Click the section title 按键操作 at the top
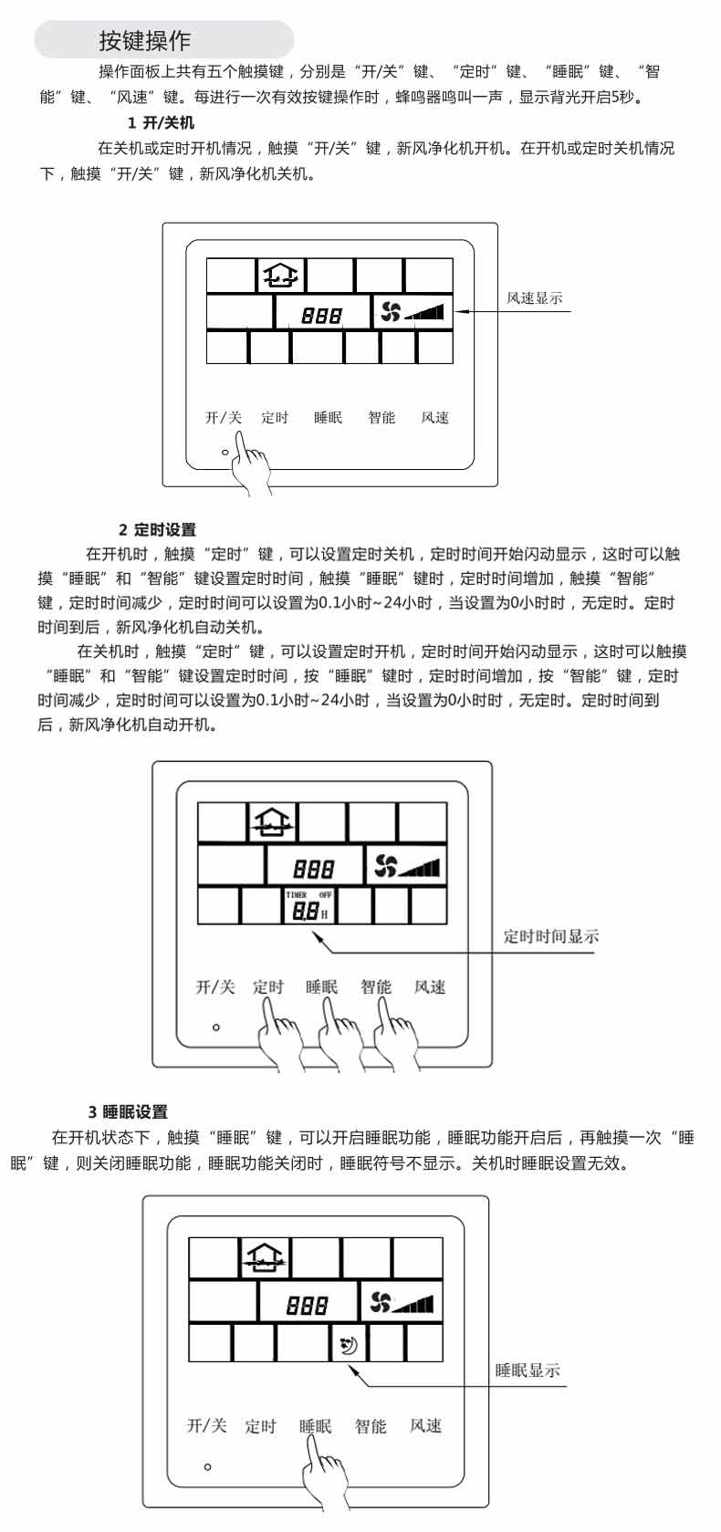(145, 41)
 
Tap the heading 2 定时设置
(157, 529)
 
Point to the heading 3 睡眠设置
(128, 1111)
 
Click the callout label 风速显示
(535, 297)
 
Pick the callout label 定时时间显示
(551, 936)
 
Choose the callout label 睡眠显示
(528, 1370)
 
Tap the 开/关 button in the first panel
(224, 418)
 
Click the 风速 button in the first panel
(434, 418)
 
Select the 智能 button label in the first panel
(381, 418)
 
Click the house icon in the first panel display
(280, 276)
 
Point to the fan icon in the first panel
(391, 312)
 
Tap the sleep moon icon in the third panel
(349, 1345)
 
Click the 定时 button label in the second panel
(268, 987)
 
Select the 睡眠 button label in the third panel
(315, 1425)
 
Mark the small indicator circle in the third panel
(207, 1466)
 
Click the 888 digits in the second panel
(314, 869)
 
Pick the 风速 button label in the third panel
(426, 1425)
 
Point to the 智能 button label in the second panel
(376, 987)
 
